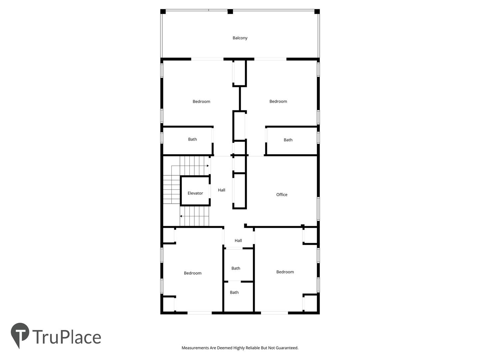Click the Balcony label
[240, 38]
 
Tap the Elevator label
[195, 193]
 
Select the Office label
[282, 195]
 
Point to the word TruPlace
[67, 337]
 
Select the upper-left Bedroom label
[201, 101]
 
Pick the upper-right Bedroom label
[278, 101]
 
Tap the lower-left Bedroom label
[192, 273]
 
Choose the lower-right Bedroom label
[285, 272]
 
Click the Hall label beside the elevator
[222, 190]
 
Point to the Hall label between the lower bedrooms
[238, 240]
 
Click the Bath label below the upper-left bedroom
[192, 139]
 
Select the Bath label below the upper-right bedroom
[288, 140]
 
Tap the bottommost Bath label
[234, 292]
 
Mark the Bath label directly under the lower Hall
[236, 268]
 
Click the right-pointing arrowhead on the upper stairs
[208, 166]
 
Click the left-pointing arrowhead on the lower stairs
[181, 216]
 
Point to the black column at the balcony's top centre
[230, 12]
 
